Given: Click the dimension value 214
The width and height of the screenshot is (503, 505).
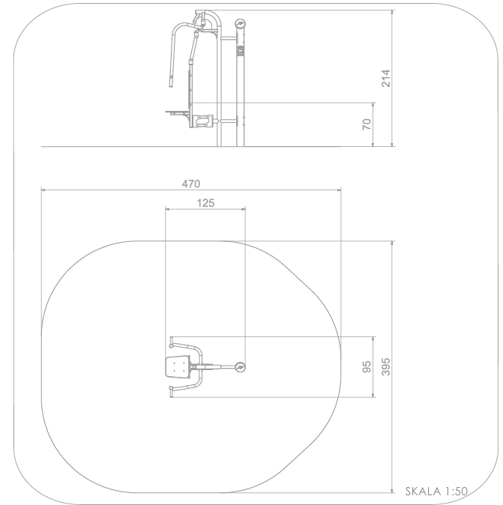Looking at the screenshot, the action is coord(385,78).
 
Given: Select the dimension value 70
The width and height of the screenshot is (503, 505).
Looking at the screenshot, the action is coord(367,124).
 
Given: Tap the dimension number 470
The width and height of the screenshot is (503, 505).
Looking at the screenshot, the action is coord(191,184).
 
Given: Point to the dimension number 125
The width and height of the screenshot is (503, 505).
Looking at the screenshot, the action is coord(205,203).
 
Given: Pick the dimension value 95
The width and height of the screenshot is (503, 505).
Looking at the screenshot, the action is coord(367,367).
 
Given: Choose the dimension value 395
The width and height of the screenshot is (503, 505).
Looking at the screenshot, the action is coord(385,367).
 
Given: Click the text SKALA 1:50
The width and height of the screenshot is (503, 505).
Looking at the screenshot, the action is coord(436,492).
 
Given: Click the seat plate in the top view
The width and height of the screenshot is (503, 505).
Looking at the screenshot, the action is coord(177,366).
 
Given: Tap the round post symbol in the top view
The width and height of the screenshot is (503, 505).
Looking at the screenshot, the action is coord(240,367).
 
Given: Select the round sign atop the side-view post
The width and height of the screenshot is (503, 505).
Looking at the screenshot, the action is coord(240,23).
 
